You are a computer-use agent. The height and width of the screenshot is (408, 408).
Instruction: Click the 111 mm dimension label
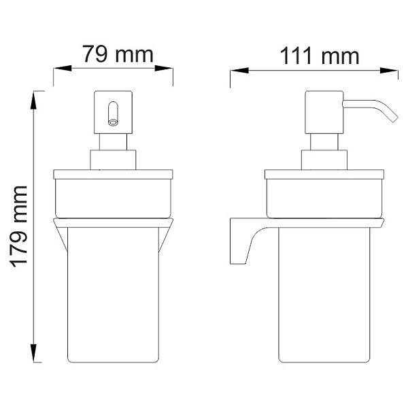click(x=318, y=55)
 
